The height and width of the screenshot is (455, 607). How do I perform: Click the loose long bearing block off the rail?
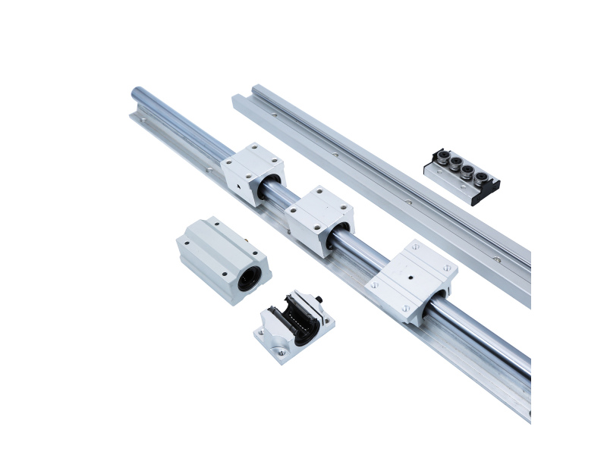click(x=223, y=258)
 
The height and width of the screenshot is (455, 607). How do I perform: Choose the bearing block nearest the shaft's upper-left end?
click(x=253, y=172)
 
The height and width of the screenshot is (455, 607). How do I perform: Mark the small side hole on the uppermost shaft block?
click(x=238, y=184)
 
